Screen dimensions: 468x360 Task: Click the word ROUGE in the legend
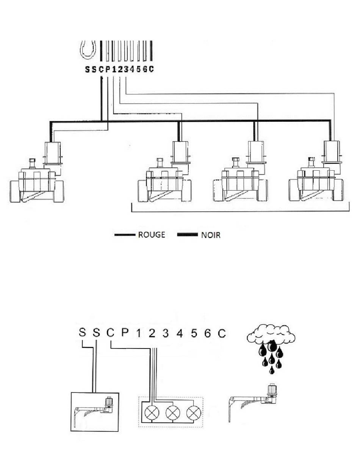(152, 235)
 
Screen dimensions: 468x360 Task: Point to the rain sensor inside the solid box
(94, 411)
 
